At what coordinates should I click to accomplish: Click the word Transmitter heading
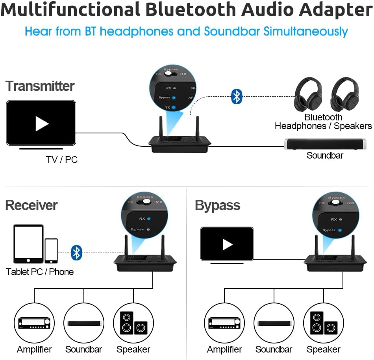pyautogui.click(x=40, y=86)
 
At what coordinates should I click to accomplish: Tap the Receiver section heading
pyautogui.click(x=31, y=205)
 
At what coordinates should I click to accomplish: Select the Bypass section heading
pyautogui.click(x=217, y=205)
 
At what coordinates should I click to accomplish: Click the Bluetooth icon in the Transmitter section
pyautogui.click(x=236, y=96)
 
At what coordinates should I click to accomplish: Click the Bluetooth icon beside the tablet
pyautogui.click(x=76, y=253)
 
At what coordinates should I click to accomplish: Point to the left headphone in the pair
pyautogui.click(x=308, y=95)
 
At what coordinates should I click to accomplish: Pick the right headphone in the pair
pyautogui.click(x=344, y=95)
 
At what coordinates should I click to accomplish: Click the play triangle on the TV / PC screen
pyautogui.click(x=41, y=124)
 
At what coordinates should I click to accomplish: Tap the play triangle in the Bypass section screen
pyautogui.click(x=227, y=244)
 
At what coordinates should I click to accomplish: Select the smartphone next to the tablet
pyautogui.click(x=51, y=251)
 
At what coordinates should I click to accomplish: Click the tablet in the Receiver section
pyautogui.click(x=28, y=244)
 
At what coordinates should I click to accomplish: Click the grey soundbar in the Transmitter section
pyautogui.click(x=325, y=144)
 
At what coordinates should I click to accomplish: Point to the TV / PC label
pyautogui.click(x=61, y=160)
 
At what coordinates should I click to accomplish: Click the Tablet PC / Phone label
pyautogui.click(x=40, y=272)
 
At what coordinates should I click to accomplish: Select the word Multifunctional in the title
pyautogui.click(x=70, y=10)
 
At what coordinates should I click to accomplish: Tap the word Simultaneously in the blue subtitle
pyautogui.click(x=306, y=31)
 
